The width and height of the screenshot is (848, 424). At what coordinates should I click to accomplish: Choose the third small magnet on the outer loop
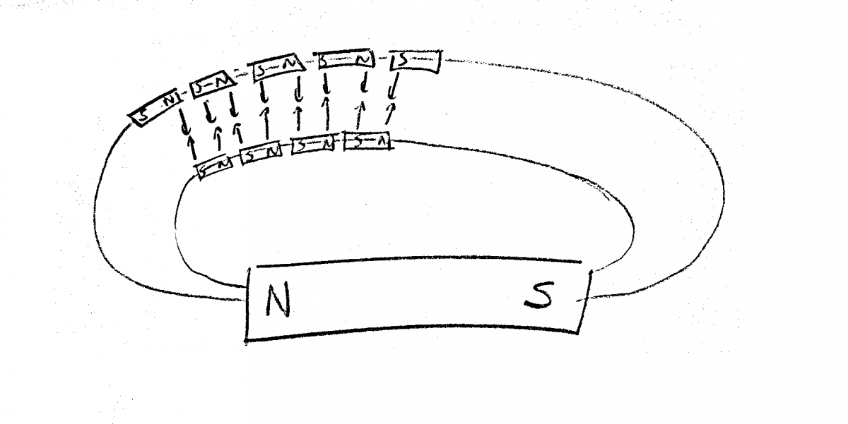[278, 67]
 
